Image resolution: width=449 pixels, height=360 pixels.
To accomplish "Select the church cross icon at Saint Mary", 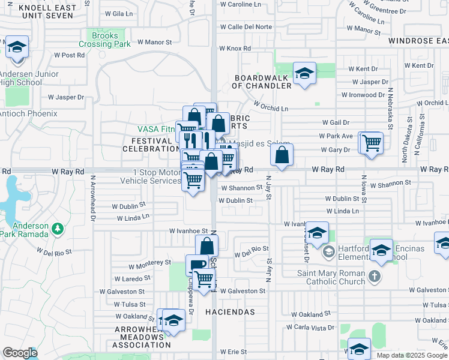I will (x=375, y=277).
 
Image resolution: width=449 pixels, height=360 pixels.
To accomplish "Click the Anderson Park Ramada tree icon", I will (x=58, y=228).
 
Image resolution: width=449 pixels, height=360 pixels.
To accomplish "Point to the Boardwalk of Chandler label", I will (x=263, y=82).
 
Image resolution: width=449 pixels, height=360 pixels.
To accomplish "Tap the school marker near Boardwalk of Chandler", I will (x=304, y=74).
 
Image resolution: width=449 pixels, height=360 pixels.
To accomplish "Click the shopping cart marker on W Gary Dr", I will (x=372, y=143).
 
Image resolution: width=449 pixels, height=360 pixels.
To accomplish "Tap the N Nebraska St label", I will (x=390, y=109).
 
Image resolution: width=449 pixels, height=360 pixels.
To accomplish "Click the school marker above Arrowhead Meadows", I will (x=173, y=320).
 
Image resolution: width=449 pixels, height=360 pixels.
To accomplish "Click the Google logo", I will (x=20, y=353).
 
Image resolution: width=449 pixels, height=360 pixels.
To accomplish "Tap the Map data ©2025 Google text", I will (x=412, y=355).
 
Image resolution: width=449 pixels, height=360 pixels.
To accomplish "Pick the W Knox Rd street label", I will (x=235, y=48).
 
